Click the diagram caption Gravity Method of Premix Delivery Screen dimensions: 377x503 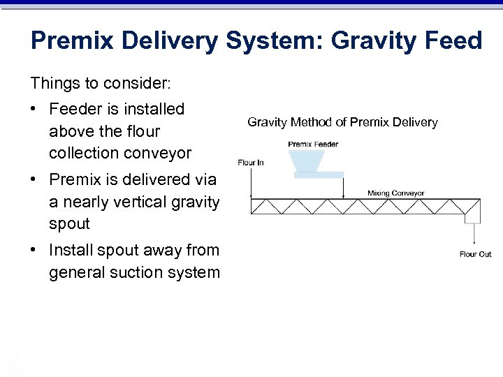(x=342, y=123)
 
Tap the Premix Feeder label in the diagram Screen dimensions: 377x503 (x=313, y=145)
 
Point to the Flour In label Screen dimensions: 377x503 (x=250, y=163)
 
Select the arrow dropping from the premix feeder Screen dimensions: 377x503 (x=344, y=187)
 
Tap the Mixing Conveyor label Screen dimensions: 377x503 (x=395, y=193)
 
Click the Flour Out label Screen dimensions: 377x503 (x=475, y=254)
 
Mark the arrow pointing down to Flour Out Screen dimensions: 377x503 (x=474, y=234)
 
